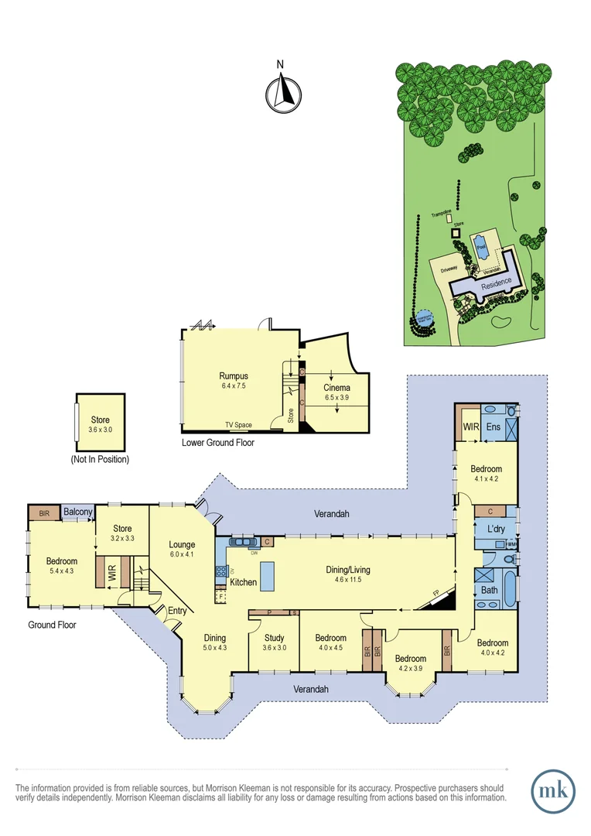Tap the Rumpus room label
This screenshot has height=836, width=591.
[x=233, y=376]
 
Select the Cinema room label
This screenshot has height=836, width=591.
[x=337, y=387]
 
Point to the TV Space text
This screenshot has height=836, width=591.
[x=239, y=425]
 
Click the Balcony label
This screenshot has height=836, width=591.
[x=78, y=512]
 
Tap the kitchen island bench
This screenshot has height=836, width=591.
[x=268, y=575]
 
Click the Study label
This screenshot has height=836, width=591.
[x=274, y=638]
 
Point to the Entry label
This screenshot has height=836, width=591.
[x=176, y=611]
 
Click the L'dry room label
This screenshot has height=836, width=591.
[x=496, y=529]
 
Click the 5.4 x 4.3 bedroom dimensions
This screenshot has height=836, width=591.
[x=61, y=571]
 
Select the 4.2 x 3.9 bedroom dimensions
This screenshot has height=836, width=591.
[x=412, y=666]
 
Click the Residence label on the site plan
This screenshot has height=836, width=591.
[x=496, y=284]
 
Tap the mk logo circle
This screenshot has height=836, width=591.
[x=553, y=791]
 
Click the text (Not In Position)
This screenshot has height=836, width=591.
[x=99, y=459]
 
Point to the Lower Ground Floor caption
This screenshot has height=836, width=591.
[x=217, y=443]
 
